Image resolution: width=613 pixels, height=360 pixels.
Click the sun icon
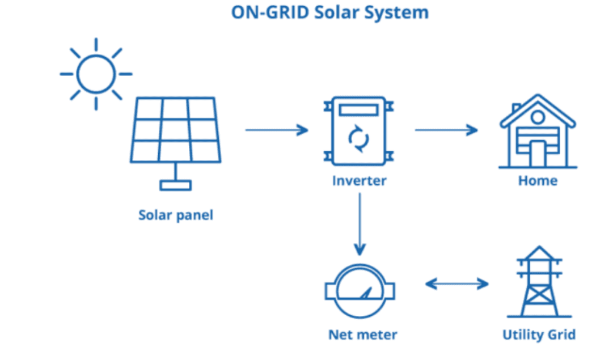point(96,74)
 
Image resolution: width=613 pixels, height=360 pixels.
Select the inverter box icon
point(359,131)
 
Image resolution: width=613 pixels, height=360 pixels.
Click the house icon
point(538,132)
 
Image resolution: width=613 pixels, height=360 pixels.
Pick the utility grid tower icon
point(539,281)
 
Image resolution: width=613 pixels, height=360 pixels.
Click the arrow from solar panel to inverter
point(277,130)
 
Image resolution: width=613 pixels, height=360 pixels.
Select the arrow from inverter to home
point(446,130)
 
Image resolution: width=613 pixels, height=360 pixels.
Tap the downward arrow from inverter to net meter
point(360,224)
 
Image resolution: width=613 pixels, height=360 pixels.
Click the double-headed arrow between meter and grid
point(457,284)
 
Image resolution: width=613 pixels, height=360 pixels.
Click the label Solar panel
point(176,215)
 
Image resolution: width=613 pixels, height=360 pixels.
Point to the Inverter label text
point(360,181)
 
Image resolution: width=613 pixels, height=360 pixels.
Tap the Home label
point(538,181)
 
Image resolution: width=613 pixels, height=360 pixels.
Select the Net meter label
point(363,334)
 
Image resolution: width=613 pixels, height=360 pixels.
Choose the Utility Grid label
point(539,334)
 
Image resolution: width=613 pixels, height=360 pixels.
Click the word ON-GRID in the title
point(270,12)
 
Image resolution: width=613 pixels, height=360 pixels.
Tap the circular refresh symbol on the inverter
point(358,139)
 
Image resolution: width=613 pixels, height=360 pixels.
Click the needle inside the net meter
point(366,293)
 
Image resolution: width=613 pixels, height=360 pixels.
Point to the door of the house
point(538,154)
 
